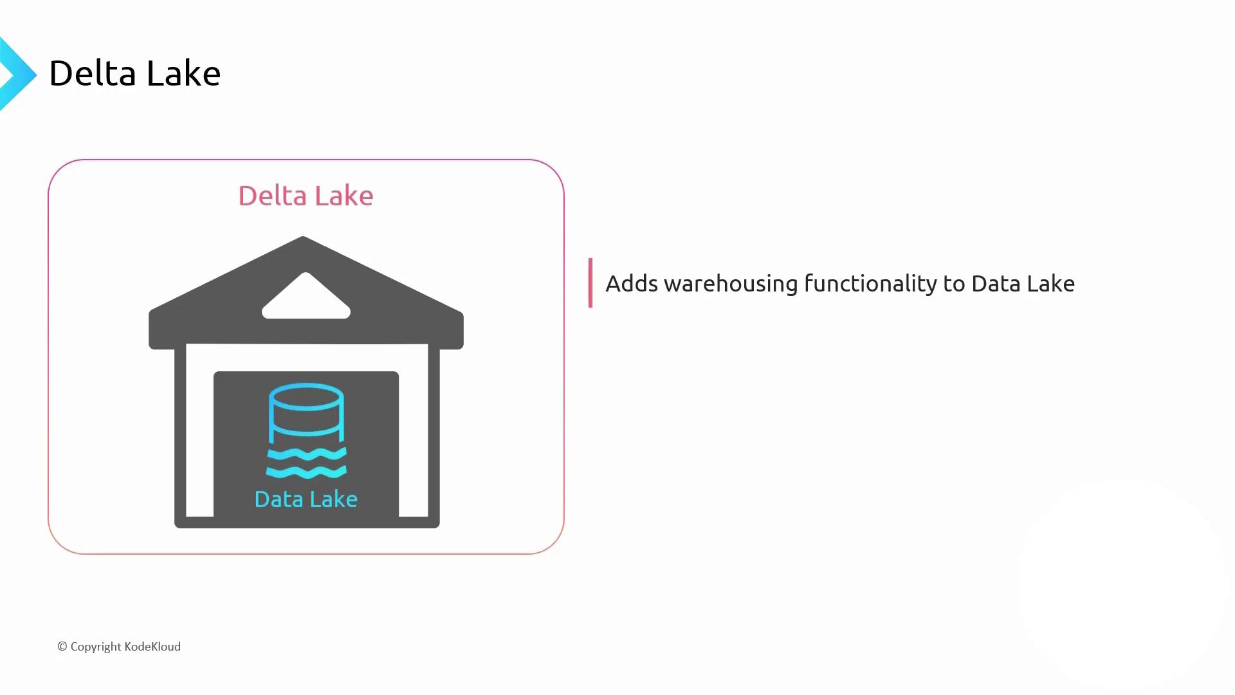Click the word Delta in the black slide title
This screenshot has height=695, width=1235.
click(x=93, y=73)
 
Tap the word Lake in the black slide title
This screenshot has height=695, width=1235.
click(x=183, y=73)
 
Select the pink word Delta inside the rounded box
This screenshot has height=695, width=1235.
click(x=273, y=196)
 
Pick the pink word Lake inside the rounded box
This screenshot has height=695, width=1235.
click(x=344, y=196)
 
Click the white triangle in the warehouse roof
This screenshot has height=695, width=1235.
click(x=306, y=297)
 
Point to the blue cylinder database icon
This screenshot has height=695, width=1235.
click(x=306, y=412)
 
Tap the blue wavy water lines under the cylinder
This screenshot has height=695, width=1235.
click(x=306, y=463)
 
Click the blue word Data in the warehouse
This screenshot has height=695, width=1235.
click(x=279, y=499)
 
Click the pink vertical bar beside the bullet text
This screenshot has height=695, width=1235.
click(x=590, y=283)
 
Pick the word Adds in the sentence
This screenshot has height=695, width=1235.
click(x=632, y=284)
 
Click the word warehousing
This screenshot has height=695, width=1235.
click(x=731, y=284)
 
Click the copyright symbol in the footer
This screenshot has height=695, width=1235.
click(x=62, y=647)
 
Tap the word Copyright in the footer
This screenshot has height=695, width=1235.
click(x=96, y=647)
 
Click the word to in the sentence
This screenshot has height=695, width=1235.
click(x=954, y=284)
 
